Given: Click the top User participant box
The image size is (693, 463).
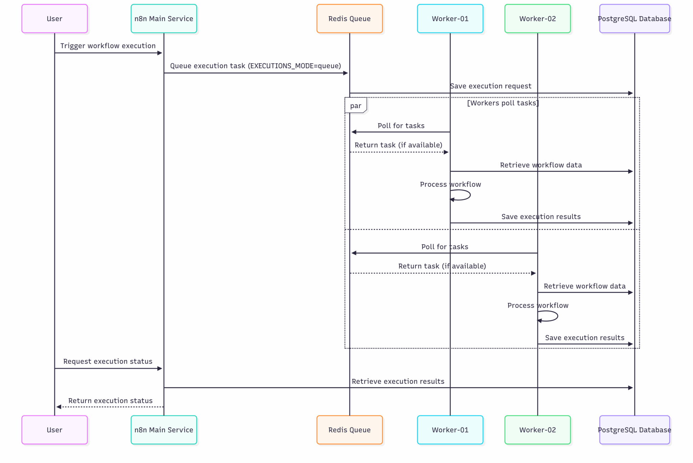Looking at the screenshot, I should pyautogui.click(x=54, y=19).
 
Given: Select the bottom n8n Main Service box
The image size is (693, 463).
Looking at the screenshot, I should pyautogui.click(x=164, y=430).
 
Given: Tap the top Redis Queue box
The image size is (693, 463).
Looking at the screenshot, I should pyautogui.click(x=349, y=19).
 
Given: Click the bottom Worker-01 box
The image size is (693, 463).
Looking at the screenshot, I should pyautogui.click(x=450, y=430).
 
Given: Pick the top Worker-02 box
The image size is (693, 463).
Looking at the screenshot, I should pyautogui.click(x=537, y=19).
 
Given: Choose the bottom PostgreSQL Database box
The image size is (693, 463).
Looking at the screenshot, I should pyautogui.click(x=634, y=430).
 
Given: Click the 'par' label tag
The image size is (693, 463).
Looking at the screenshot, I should pyautogui.click(x=355, y=106).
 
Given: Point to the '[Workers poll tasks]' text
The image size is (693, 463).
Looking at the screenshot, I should pyautogui.click(x=503, y=103).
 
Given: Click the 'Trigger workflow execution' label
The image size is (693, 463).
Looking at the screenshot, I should pyautogui.click(x=108, y=46).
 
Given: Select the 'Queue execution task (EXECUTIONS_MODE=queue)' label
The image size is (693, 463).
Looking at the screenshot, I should pyautogui.click(x=255, y=66).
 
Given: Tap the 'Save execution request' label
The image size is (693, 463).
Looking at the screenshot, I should pyautogui.click(x=490, y=86).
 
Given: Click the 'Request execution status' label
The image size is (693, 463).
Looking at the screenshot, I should pyautogui.click(x=108, y=361).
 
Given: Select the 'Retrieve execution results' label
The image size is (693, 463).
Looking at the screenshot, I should pyautogui.click(x=398, y=381).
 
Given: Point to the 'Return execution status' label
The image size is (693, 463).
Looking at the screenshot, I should pyautogui.click(x=110, y=400).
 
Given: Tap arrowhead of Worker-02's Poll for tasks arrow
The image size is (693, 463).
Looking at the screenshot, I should pyautogui.click(x=354, y=253).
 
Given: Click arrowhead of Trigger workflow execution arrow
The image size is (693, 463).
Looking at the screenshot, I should pyautogui.click(x=160, y=53).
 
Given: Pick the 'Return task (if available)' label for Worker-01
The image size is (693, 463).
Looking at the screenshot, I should pyautogui.click(x=398, y=145).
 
